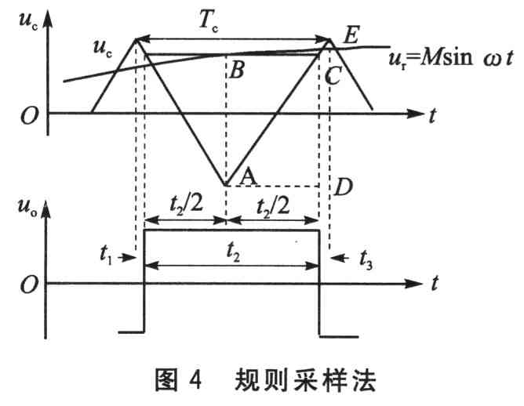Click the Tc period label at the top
pos(208,21)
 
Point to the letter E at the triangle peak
pos(351,34)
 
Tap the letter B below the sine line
pos(237,70)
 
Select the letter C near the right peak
pos(333,75)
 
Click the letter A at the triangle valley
pos(249,176)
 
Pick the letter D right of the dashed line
pos(343,187)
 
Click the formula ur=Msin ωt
pos(450,58)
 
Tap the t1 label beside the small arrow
pos(106,254)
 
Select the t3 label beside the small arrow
pos(366,259)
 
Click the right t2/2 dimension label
pos(273,206)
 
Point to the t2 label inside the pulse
pos(233,252)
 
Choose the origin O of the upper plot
pos(29,116)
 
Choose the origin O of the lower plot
pos(29,285)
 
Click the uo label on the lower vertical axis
pos(27,206)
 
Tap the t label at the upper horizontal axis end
pos(432,116)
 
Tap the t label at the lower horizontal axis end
pos(434,284)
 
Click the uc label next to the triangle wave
pos(103,48)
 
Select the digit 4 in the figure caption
pos(195,379)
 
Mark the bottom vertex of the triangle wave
pos(226,185)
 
